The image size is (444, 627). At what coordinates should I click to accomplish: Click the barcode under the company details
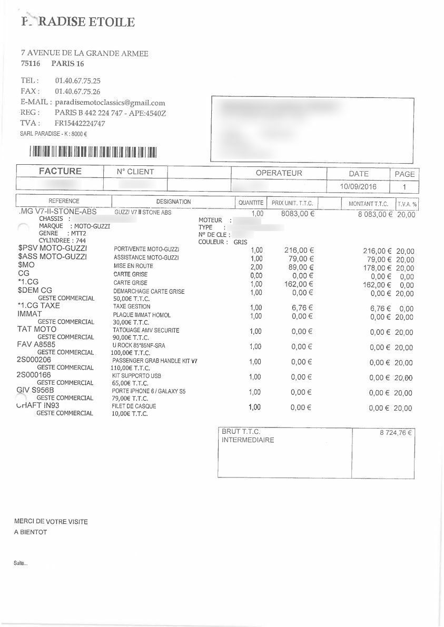click(x=93, y=152)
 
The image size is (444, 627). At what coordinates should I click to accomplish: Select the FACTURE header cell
click(x=60, y=171)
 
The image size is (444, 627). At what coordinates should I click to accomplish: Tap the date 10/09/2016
click(x=358, y=186)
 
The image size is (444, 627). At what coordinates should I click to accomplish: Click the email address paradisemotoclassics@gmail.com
click(x=110, y=103)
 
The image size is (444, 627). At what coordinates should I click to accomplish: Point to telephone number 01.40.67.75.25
click(x=77, y=81)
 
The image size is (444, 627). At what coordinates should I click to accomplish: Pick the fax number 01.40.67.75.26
click(x=77, y=92)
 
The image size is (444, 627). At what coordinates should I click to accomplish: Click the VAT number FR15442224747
click(x=80, y=123)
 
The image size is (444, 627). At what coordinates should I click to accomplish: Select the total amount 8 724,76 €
click(x=395, y=433)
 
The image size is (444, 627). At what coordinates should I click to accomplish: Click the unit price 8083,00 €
click(x=298, y=214)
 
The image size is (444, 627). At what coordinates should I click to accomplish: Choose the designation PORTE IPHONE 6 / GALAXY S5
click(x=149, y=392)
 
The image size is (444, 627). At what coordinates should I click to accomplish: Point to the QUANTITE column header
click(x=251, y=202)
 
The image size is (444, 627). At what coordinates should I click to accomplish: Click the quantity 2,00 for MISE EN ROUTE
click(x=256, y=266)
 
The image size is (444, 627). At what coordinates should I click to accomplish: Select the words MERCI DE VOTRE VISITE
click(x=51, y=522)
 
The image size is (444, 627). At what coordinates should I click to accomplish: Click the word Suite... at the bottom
click(x=21, y=563)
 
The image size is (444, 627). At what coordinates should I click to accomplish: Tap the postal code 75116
click(x=31, y=64)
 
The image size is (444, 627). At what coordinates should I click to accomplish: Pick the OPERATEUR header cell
click(x=279, y=173)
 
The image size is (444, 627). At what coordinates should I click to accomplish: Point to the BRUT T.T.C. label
click(x=241, y=431)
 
